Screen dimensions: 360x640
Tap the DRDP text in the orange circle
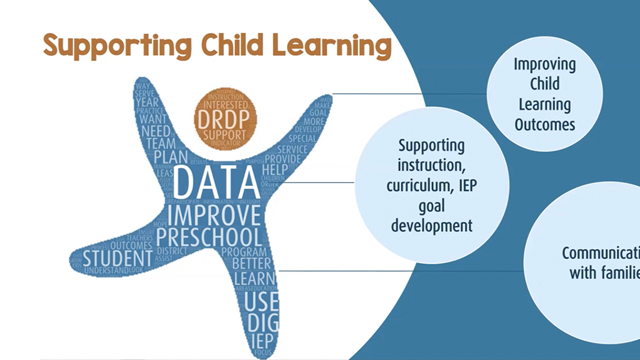[x=225, y=118]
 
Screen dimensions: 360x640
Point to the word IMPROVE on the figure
[x=214, y=217]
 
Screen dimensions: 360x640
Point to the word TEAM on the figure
[x=160, y=143]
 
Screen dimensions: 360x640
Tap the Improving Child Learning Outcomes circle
[x=545, y=95]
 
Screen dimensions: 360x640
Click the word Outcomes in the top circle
[x=545, y=126]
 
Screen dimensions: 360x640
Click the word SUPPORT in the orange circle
[x=225, y=132]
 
